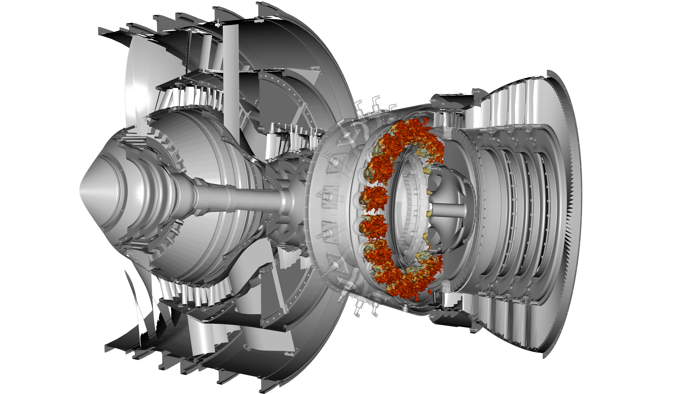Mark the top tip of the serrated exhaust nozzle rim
[x=549, y=72]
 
